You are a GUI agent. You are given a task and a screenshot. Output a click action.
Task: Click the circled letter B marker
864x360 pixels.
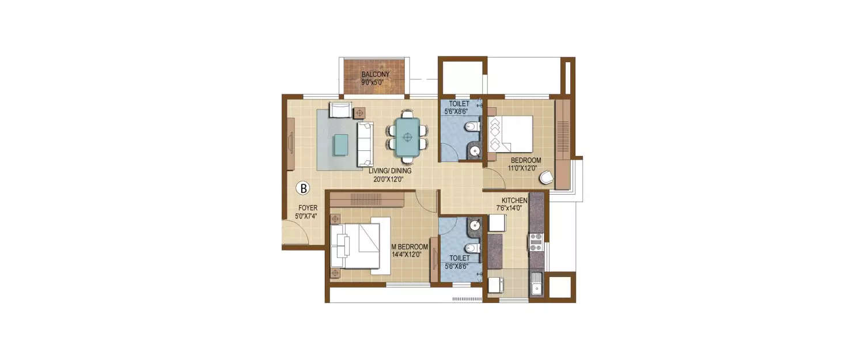pyautogui.click(x=303, y=188)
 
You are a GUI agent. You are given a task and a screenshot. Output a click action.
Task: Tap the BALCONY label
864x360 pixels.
pyautogui.click(x=376, y=74)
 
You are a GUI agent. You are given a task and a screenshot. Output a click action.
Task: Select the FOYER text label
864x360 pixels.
pyautogui.click(x=308, y=208)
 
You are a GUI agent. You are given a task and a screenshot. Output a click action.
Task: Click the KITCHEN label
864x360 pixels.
pyautogui.click(x=514, y=200)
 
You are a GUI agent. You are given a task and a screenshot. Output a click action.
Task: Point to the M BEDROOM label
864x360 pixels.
pyautogui.click(x=410, y=247)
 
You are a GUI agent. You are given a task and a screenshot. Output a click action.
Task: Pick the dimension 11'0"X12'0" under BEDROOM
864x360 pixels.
pyautogui.click(x=522, y=168)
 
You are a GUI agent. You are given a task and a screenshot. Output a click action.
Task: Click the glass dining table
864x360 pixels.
pyautogui.click(x=408, y=137)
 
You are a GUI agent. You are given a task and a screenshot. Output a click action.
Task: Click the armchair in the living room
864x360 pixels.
pyautogui.click(x=340, y=109)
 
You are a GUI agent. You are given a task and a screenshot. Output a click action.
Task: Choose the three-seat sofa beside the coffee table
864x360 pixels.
pyautogui.click(x=365, y=144)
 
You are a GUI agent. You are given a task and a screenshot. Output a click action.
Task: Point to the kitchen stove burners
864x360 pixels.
pyautogui.click(x=536, y=242)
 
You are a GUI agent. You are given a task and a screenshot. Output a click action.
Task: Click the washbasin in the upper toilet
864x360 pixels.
pyautogui.click(x=474, y=151)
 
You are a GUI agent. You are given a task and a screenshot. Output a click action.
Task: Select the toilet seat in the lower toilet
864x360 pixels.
pyautogui.click(x=471, y=248)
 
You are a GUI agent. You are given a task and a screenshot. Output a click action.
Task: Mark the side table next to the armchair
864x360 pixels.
pyautogui.click(x=360, y=112)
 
